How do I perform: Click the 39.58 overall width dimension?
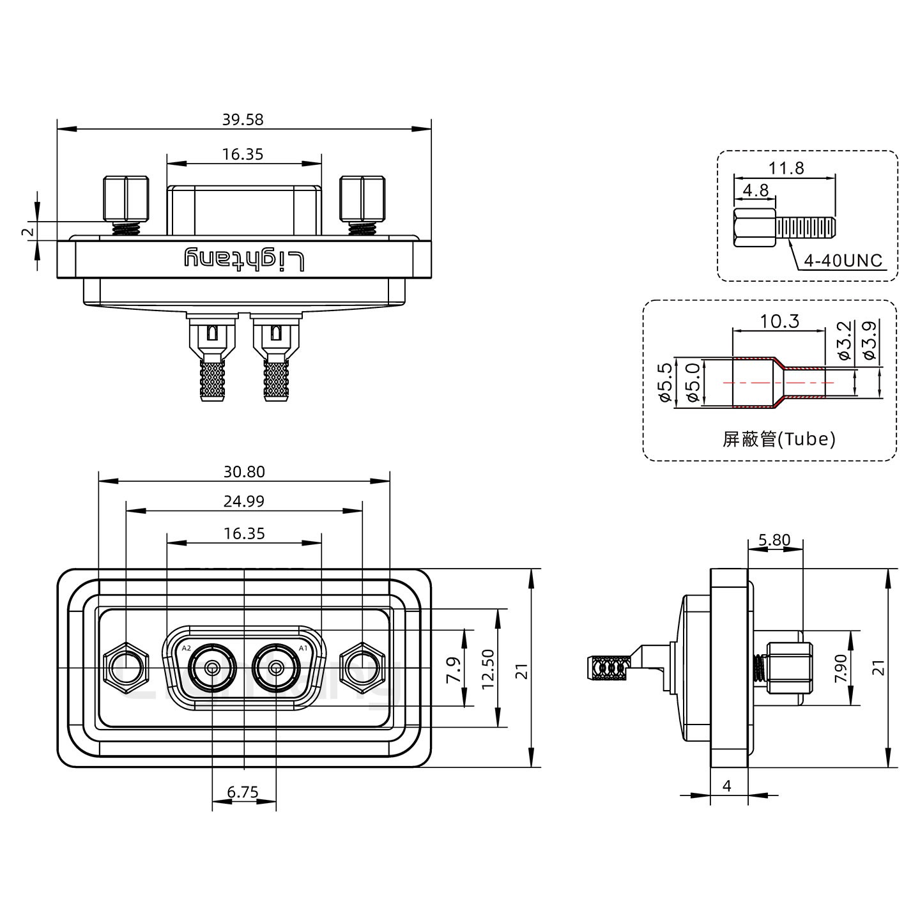click(x=243, y=119)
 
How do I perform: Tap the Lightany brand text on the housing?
click(x=244, y=260)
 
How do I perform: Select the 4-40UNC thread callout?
click(x=843, y=261)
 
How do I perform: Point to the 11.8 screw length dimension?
click(x=786, y=168)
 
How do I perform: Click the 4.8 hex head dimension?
click(x=755, y=190)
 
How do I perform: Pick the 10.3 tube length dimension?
click(x=779, y=321)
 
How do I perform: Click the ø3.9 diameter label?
click(x=869, y=340)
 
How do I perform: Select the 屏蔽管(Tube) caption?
click(x=779, y=439)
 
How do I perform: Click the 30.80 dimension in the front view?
click(x=244, y=471)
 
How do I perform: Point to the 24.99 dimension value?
click(x=244, y=502)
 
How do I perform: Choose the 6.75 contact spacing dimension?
click(x=243, y=792)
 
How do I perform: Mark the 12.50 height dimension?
click(x=489, y=669)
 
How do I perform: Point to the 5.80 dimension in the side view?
click(x=774, y=540)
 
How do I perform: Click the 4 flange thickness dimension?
click(x=726, y=786)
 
